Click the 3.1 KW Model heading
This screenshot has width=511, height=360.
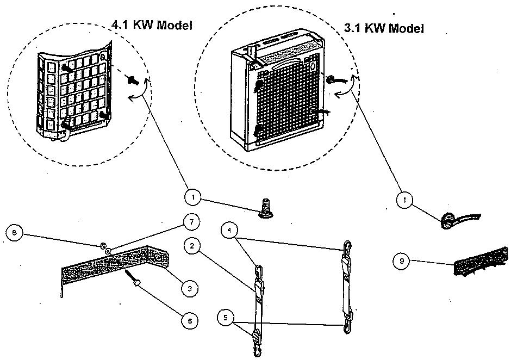tap(384, 28)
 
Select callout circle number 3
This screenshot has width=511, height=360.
tap(189, 289)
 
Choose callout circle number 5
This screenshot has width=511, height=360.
tap(227, 316)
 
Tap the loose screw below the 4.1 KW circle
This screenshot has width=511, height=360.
tap(263, 209)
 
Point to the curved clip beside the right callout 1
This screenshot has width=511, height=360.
tap(459, 221)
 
